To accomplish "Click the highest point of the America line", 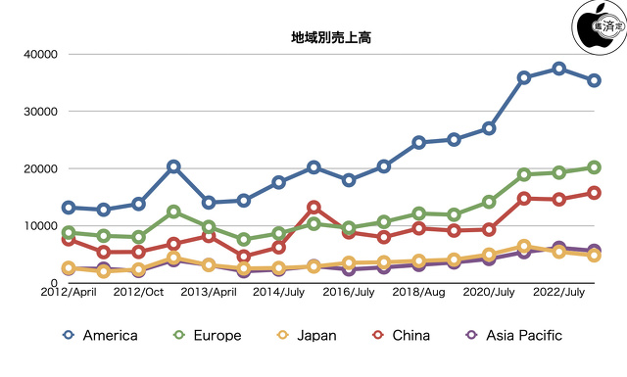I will click(x=558, y=69).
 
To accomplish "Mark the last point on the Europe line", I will click(x=594, y=167).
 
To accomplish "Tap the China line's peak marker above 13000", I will click(x=313, y=208).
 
